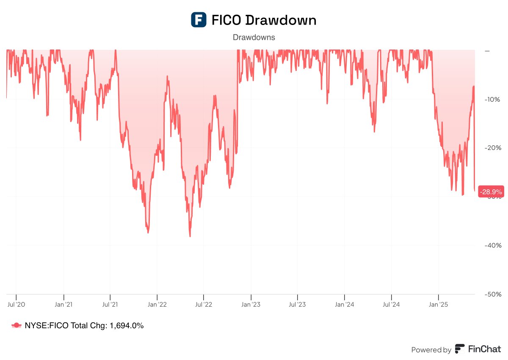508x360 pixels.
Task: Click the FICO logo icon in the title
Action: point(199,20)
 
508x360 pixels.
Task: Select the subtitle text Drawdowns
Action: point(254,37)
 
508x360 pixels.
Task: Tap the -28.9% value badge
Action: point(491,192)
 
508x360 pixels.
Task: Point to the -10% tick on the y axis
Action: point(493,99)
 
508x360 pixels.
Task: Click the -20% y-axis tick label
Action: point(493,148)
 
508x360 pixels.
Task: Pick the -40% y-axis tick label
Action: point(493,245)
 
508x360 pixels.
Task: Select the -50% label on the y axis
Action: point(493,294)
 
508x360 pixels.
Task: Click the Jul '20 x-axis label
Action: point(17,304)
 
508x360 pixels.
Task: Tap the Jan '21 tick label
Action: point(63,304)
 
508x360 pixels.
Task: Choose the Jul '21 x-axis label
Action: point(110,304)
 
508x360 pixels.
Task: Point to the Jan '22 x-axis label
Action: point(157,304)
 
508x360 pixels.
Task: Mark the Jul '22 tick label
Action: point(204,304)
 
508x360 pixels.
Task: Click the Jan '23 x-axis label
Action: point(251,304)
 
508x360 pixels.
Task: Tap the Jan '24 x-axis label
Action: point(345,304)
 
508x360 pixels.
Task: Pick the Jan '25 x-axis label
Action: point(438,304)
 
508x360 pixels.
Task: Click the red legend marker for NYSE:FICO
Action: point(17,325)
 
